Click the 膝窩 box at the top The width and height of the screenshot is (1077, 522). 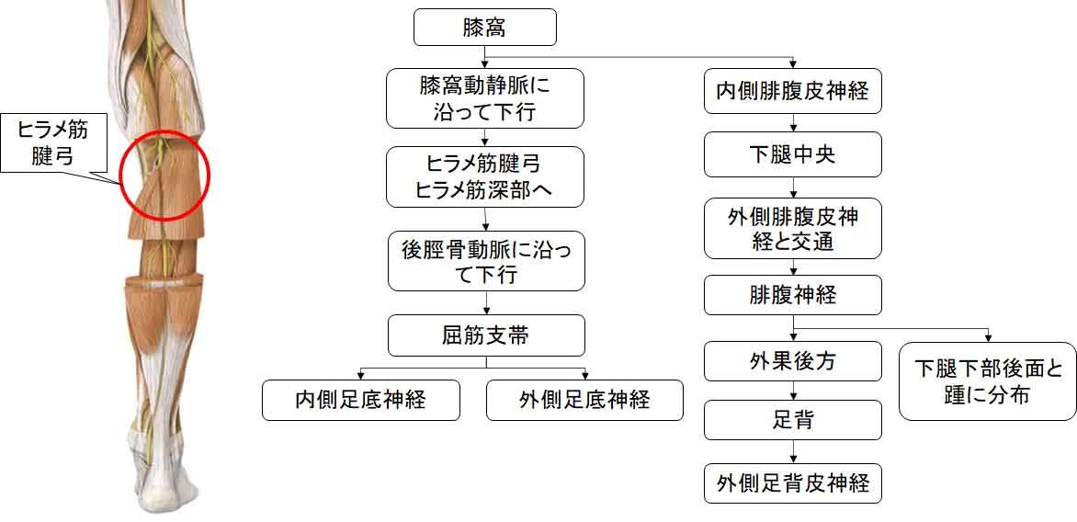pos(484,27)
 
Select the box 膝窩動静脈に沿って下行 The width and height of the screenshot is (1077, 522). pos(485,98)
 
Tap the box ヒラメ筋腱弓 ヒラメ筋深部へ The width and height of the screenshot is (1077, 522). pos(485,176)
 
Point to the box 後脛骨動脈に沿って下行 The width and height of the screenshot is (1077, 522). pos(486,261)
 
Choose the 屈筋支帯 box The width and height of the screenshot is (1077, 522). pos(486,335)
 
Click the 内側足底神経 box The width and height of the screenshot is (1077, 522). pos(360,400)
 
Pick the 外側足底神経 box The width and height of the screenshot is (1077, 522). pos(584,400)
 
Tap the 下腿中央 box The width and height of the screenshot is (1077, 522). pos(793,153)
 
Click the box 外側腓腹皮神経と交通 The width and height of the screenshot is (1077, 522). pos(793,230)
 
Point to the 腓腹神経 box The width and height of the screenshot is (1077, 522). pos(793,295)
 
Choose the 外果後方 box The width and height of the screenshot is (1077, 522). pos(793,360)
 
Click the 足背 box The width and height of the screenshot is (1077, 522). pos(793,420)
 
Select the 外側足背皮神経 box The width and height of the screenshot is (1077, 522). pos(793,482)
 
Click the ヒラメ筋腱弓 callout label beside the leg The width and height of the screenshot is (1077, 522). pos(54,142)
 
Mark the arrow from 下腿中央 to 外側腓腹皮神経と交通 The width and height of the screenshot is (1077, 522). pos(793,188)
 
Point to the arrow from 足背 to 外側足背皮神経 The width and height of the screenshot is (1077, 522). pos(793,451)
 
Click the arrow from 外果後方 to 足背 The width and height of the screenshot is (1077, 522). pos(793,391)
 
